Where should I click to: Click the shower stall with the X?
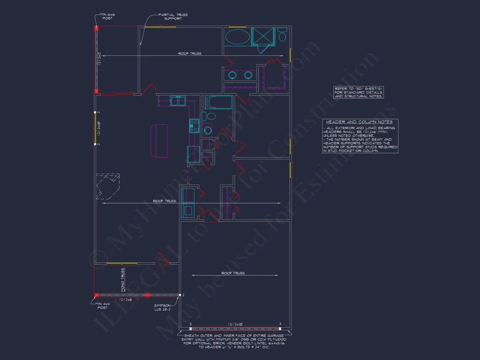263,36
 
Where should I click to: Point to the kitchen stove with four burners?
195,126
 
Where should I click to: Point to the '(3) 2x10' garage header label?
235,325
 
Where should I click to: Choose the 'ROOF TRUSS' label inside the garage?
233,273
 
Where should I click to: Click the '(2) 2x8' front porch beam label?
126,300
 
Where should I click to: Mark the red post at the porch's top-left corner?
96,28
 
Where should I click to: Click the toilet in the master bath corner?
282,36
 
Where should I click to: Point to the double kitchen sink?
178,101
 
